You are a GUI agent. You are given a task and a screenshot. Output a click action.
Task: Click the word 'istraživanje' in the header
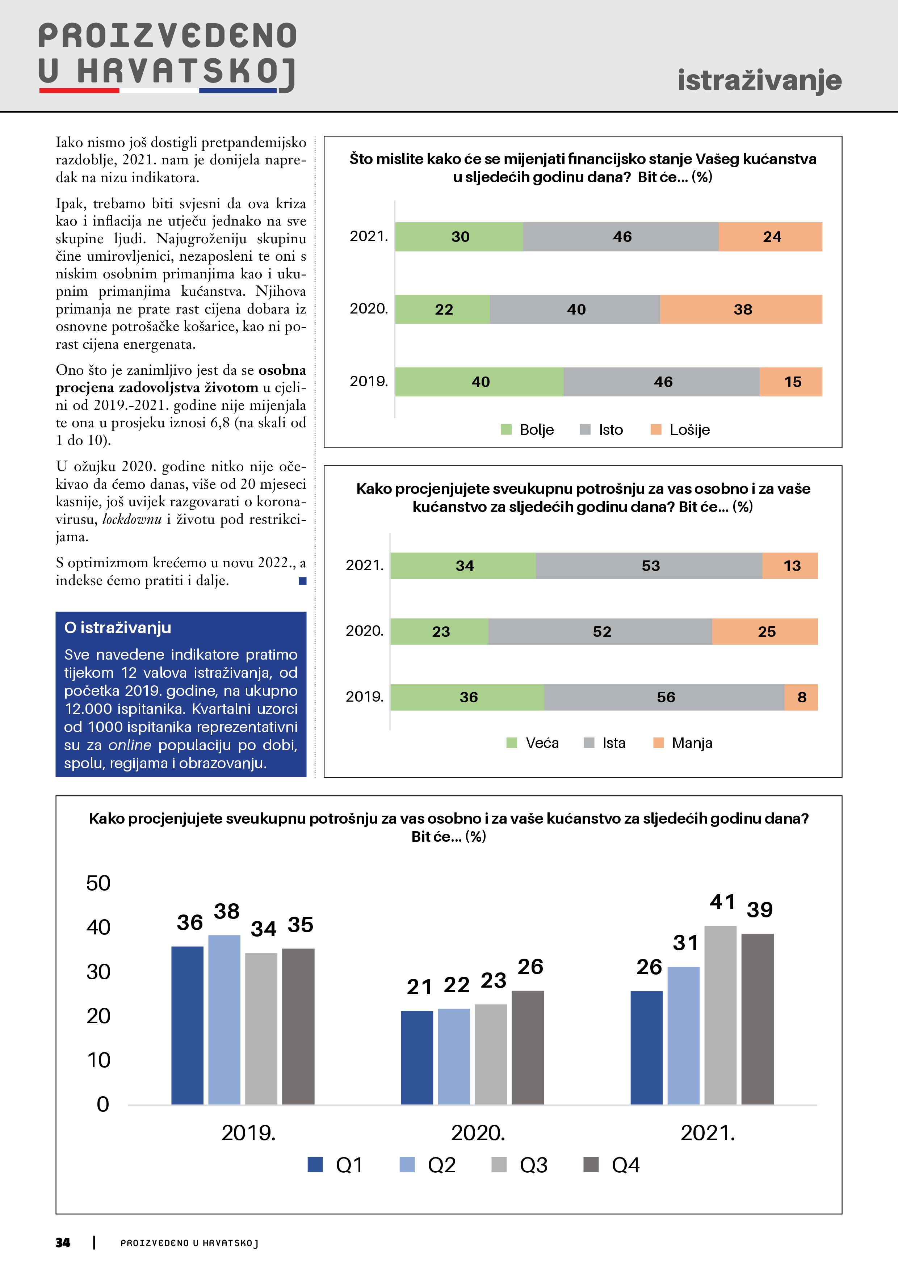click(759, 80)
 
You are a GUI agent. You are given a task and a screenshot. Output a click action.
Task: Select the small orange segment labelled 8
click(801, 697)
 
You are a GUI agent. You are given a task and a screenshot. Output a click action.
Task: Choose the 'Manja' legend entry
click(683, 743)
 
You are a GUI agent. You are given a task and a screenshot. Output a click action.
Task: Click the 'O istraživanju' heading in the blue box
click(118, 628)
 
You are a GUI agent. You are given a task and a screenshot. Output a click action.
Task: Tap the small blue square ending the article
click(302, 581)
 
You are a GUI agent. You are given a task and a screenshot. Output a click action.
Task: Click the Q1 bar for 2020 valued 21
click(417, 1057)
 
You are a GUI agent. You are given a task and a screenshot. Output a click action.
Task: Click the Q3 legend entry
click(520, 1165)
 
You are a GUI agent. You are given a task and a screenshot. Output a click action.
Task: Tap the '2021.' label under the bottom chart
click(708, 1133)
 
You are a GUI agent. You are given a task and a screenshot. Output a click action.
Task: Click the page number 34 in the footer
click(63, 1243)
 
